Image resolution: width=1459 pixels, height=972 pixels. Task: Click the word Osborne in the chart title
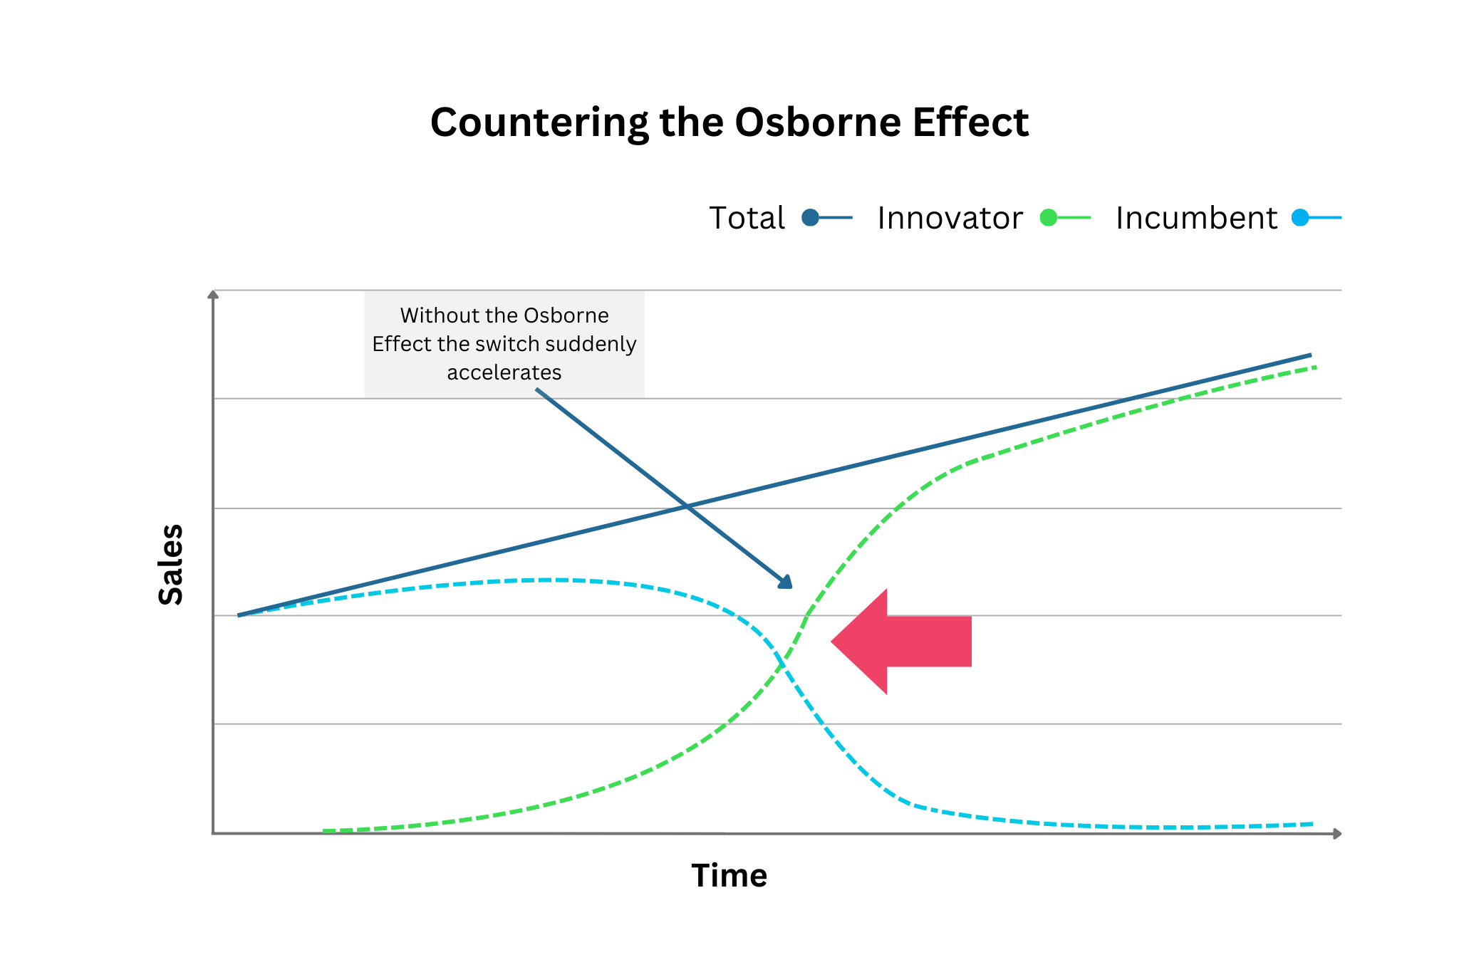pos(818,122)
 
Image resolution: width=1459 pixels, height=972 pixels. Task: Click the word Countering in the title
pos(539,123)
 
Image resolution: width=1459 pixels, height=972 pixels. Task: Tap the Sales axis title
pos(171,565)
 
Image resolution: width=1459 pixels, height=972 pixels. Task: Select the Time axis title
pos(729,875)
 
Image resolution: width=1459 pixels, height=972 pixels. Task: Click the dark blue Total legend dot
pos(810,217)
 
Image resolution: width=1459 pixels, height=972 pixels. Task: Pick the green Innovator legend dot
pos(1049,217)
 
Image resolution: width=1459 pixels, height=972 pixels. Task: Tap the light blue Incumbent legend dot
pos(1301,217)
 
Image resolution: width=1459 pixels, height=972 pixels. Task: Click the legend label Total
pos(747,218)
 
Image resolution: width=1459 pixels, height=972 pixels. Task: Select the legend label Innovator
pos(950,218)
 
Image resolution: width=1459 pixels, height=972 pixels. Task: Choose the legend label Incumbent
pos(1196,218)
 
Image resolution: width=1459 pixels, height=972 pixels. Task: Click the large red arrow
pos(901,642)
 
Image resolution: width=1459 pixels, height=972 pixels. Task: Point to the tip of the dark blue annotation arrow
pos(791,588)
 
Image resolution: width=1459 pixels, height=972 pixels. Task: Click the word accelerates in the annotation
pos(504,372)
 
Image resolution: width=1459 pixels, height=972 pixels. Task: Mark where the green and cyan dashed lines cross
pos(782,664)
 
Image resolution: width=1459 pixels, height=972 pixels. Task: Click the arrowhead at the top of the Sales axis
pos(212,293)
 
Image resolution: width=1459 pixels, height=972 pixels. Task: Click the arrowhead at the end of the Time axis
pos(1337,833)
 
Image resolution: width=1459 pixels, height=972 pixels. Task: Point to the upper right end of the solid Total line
pos(1311,355)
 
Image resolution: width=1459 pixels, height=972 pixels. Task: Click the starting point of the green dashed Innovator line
pos(324,831)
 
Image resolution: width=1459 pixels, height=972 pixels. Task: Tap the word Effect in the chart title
pos(970,122)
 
